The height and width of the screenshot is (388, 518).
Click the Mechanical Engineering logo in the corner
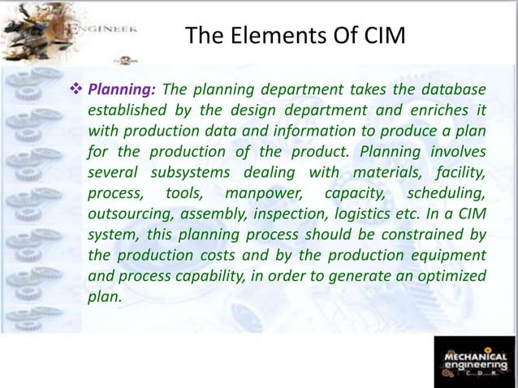pyautogui.click(x=475, y=360)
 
